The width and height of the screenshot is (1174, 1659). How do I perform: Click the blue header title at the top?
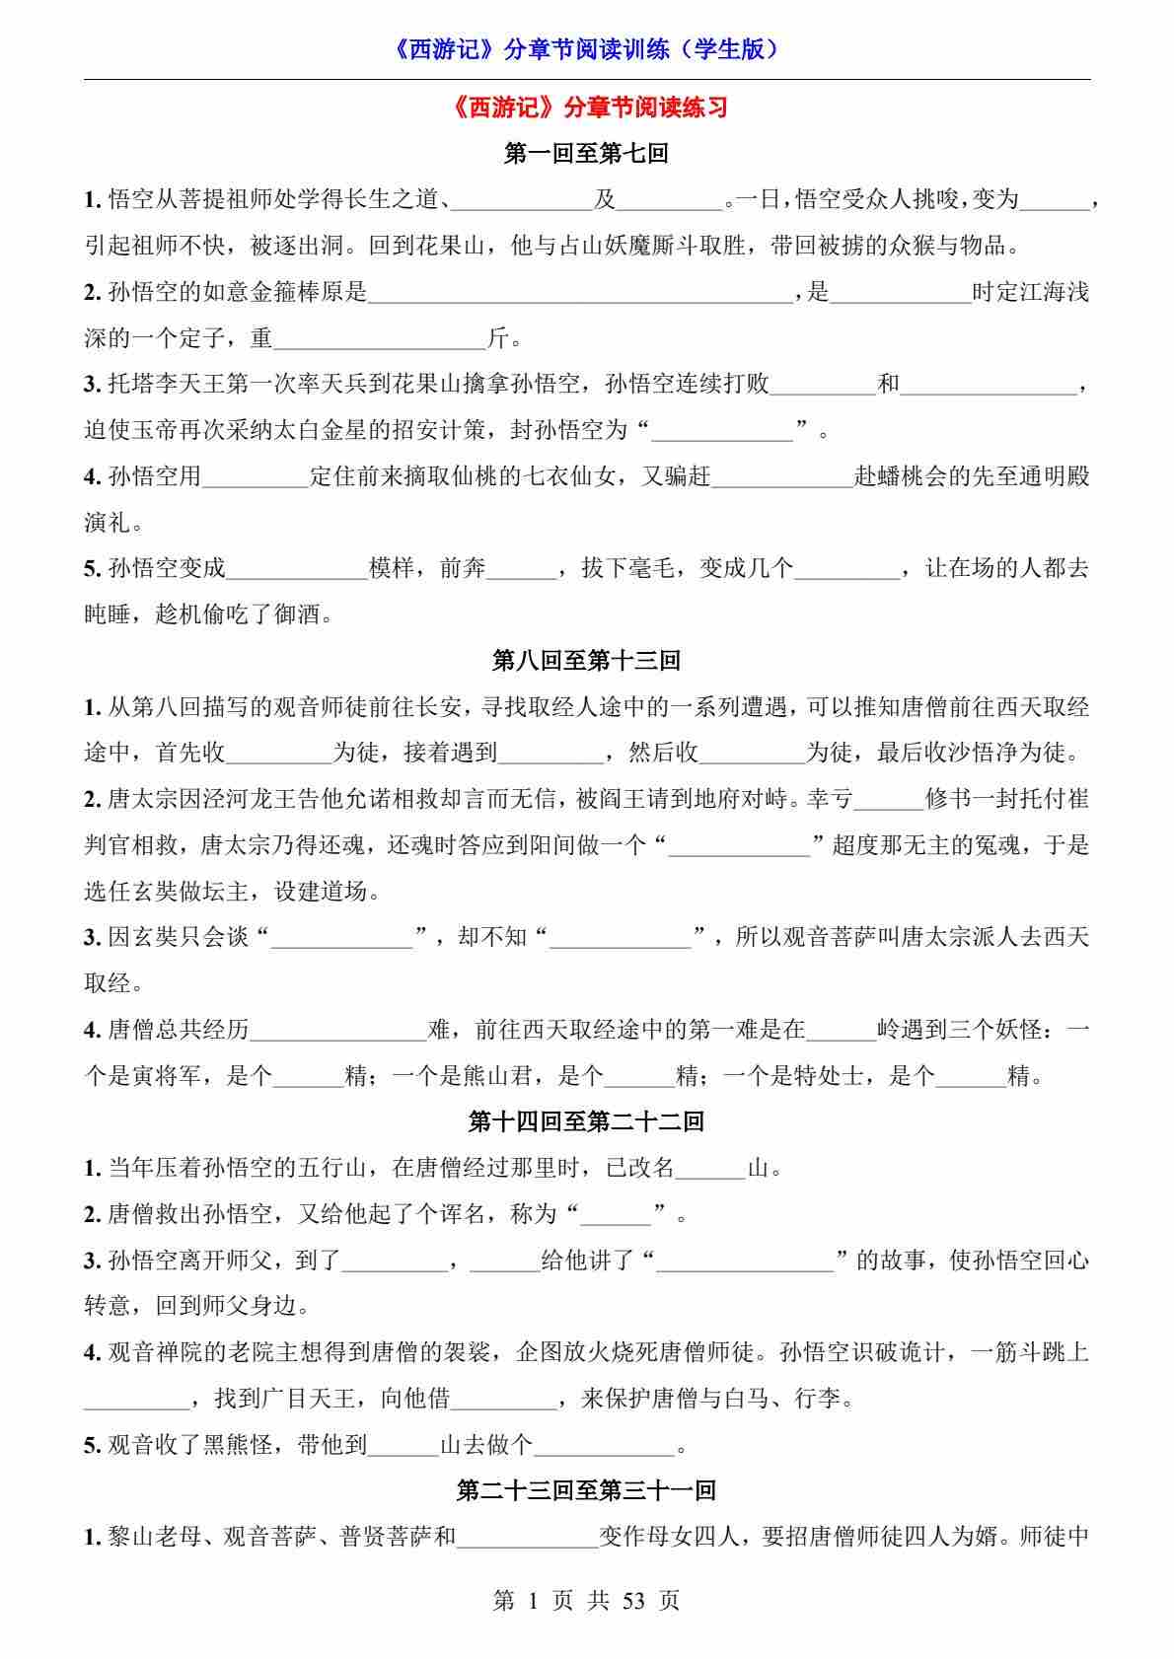point(586,49)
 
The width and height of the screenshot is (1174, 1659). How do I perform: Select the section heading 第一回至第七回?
point(586,154)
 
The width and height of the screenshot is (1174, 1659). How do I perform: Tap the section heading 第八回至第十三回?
point(586,660)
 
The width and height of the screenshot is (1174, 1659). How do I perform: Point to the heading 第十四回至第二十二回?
point(586,1121)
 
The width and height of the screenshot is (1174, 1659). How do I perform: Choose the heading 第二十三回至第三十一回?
point(586,1489)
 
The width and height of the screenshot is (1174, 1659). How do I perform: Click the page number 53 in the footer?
point(633,1600)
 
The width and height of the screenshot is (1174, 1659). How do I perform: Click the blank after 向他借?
point(504,1401)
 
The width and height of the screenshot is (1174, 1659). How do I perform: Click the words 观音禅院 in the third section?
point(155,1352)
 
